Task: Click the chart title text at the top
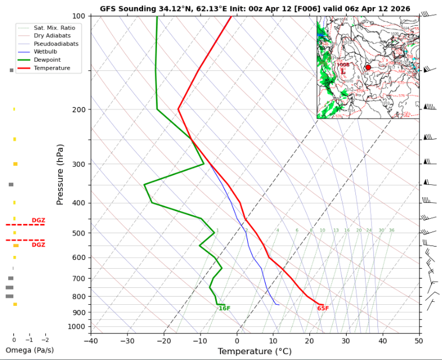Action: click(x=255, y=9)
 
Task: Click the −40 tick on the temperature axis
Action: click(x=91, y=340)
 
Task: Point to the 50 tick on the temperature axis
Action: click(x=419, y=340)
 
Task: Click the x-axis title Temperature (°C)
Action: click(x=254, y=351)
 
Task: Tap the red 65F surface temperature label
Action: click(x=323, y=308)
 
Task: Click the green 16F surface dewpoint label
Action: click(x=224, y=308)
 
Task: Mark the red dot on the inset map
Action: click(x=368, y=67)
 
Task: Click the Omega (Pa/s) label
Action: click(x=30, y=350)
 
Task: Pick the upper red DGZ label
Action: click(x=38, y=220)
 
